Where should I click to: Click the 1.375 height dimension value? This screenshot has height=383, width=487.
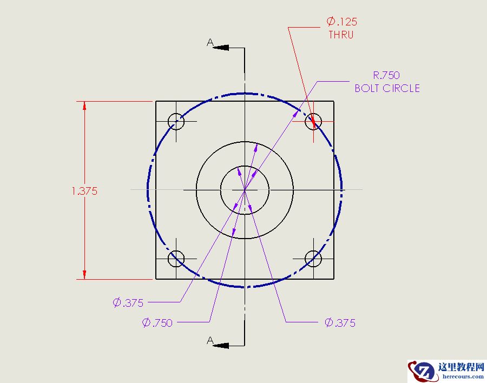pos(84,191)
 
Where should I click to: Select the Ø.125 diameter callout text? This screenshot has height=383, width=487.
pos(341,22)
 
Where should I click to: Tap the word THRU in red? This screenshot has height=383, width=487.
pos(341,35)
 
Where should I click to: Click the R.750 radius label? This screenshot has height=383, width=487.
pos(386,75)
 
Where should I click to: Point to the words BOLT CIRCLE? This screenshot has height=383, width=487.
pos(387,88)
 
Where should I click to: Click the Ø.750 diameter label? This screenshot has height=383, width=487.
pos(157,323)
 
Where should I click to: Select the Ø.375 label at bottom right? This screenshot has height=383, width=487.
pos(340,323)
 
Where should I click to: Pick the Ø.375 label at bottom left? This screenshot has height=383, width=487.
pos(128,303)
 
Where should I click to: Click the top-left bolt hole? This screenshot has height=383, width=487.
pos(176,121)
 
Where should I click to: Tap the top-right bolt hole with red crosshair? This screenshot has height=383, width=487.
pos(313,121)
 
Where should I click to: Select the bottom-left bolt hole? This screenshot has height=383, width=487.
pos(176,259)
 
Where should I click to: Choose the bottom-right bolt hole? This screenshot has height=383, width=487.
pos(313,259)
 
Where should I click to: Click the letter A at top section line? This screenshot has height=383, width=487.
pos(210,43)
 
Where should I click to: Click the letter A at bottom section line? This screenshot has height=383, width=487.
pos(210,340)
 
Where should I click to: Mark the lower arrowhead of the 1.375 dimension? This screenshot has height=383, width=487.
pos(84,274)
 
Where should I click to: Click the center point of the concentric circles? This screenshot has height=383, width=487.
pos(245,190)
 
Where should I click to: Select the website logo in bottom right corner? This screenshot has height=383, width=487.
pos(446,371)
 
